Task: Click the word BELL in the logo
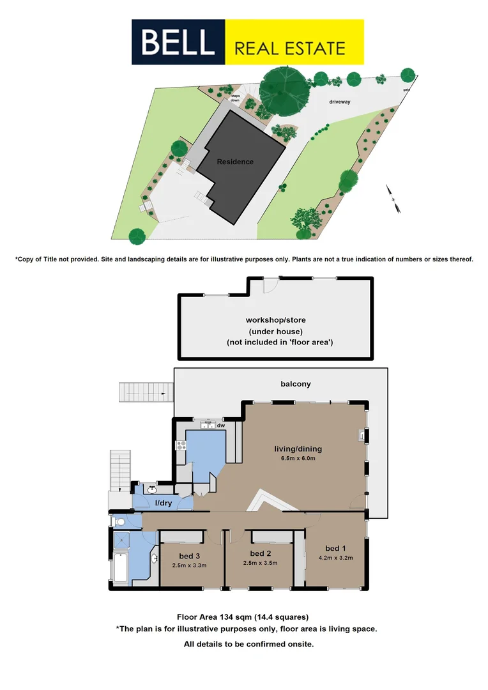click(178, 42)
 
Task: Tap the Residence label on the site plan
click(235, 162)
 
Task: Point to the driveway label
click(340, 102)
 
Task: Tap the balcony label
click(296, 384)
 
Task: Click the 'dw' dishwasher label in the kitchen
click(221, 425)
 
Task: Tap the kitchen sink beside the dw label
click(208, 424)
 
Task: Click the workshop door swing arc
click(271, 286)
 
